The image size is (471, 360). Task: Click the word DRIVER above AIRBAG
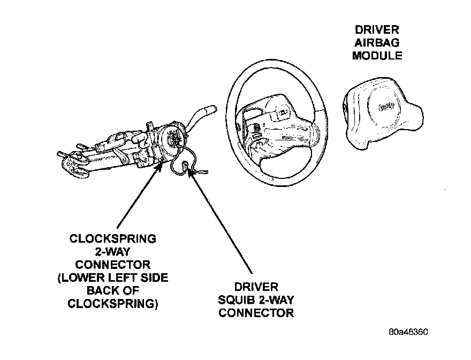377,30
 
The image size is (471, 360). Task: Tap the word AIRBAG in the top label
377,42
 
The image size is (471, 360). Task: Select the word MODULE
377,55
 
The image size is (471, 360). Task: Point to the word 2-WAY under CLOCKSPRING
113,251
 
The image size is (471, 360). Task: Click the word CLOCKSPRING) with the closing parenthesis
113,303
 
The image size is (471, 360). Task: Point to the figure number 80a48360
408,331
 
